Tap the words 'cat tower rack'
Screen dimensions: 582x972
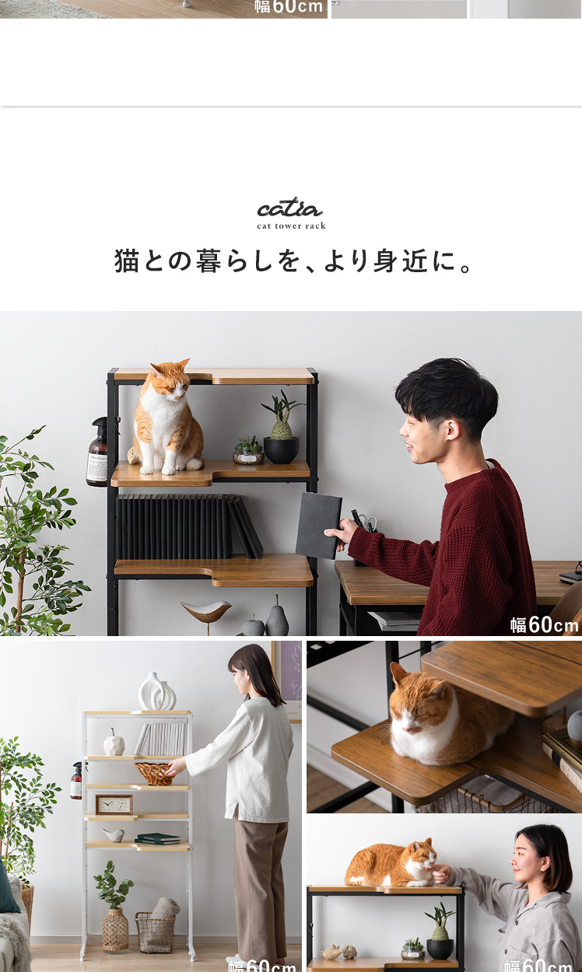tap(291, 226)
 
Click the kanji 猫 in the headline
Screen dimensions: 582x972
tap(126, 260)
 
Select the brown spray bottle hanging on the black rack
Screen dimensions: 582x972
tap(98, 451)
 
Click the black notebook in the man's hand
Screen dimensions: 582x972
tap(318, 525)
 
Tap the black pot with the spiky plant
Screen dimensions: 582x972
tap(281, 449)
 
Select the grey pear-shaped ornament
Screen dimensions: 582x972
tap(277, 618)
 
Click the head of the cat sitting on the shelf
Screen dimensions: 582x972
tap(169, 379)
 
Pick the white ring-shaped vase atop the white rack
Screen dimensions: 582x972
tap(157, 692)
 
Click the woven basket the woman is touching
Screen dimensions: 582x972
tap(155, 774)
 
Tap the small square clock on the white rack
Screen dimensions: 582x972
tap(114, 805)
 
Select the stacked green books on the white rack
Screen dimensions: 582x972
tap(157, 838)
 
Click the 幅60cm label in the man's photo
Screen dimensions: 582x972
tap(544, 625)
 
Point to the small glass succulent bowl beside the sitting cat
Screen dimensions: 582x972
tap(248, 452)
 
